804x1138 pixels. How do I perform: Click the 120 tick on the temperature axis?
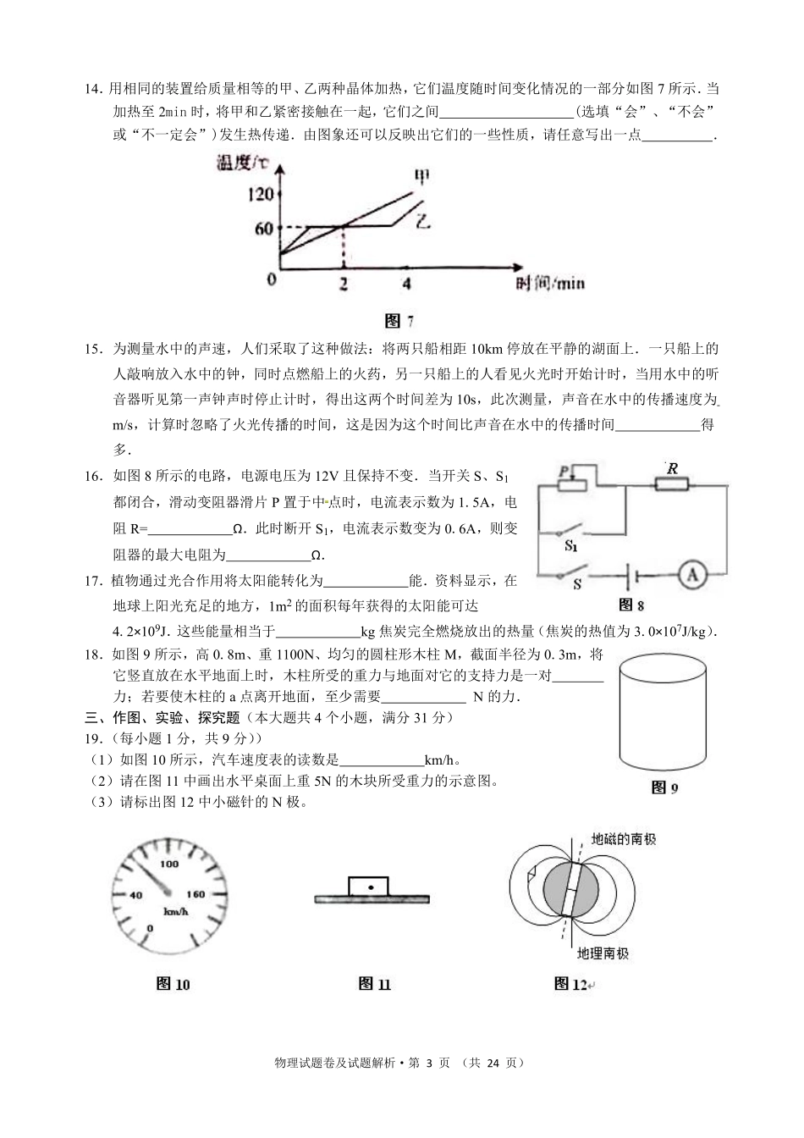pos(261,195)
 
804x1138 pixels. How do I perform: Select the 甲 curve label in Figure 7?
pos(421,176)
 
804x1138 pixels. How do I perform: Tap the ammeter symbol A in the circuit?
pos(691,575)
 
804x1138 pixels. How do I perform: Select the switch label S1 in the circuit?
pos(571,546)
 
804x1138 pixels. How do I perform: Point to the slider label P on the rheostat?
pos(562,470)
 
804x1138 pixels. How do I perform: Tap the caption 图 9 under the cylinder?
pos(664,787)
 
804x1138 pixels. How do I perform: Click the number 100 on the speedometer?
pos(169,864)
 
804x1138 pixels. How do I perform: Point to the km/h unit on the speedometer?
pos(175,911)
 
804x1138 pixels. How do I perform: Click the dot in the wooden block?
pos(371,887)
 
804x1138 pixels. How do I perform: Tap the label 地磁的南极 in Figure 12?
pos(624,839)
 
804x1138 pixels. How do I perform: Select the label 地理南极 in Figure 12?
pos(603,953)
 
